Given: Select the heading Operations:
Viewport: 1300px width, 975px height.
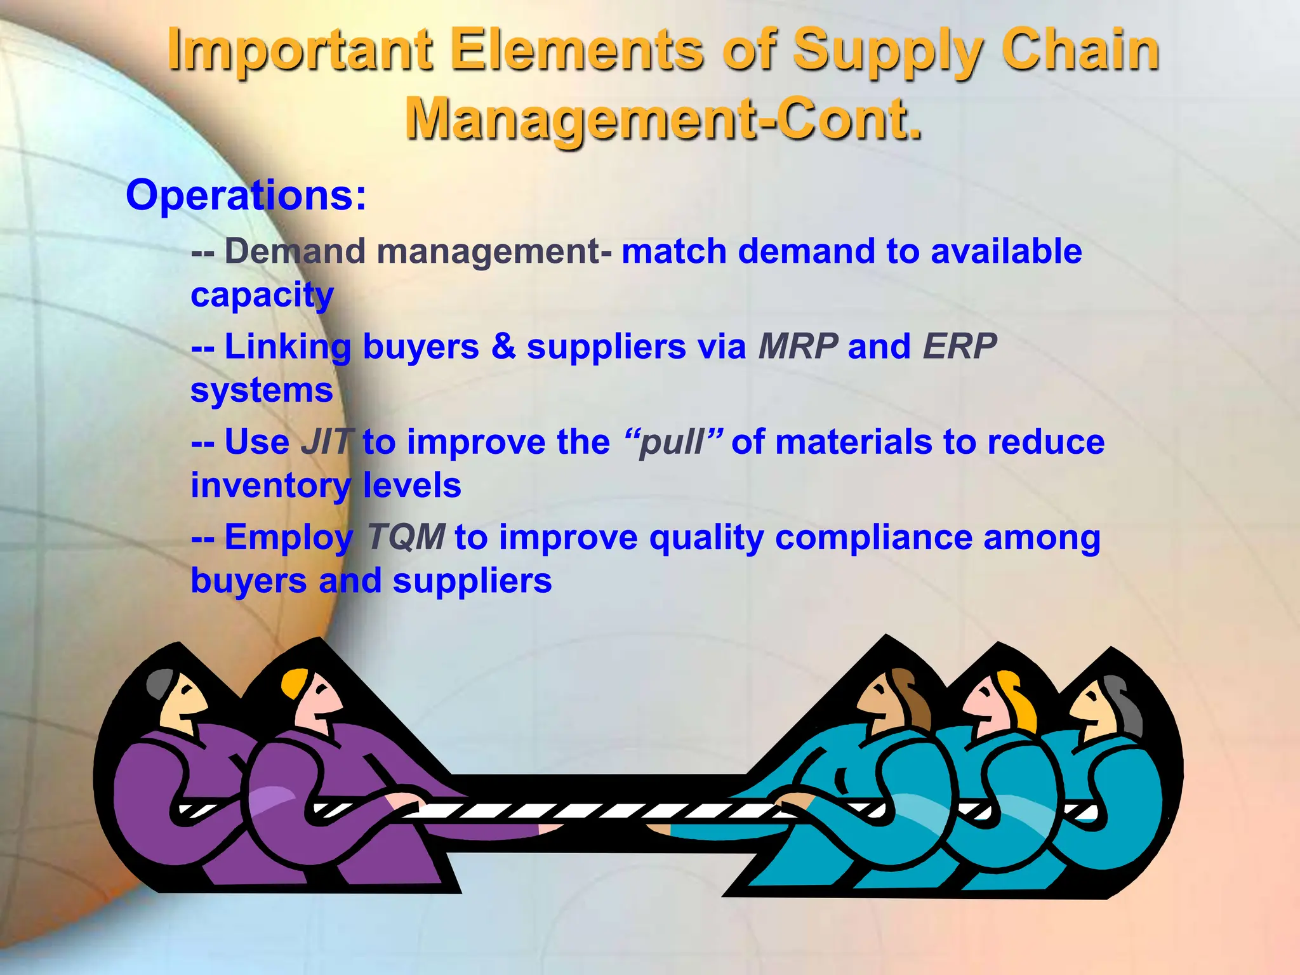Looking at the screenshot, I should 246,195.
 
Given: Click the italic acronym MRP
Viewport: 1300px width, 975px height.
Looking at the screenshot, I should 799,347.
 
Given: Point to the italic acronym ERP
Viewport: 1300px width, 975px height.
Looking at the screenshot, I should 959,347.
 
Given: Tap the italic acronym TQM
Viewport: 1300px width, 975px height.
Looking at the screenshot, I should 406,537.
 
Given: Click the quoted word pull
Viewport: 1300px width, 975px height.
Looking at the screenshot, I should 673,442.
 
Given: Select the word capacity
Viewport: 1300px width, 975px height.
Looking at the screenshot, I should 262,296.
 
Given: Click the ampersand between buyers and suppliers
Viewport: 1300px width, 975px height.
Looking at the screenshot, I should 503,347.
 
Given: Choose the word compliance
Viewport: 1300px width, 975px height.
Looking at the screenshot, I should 873,537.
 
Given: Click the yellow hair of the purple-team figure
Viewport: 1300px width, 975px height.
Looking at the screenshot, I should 294,682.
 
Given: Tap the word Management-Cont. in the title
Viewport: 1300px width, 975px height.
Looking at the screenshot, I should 663,119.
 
